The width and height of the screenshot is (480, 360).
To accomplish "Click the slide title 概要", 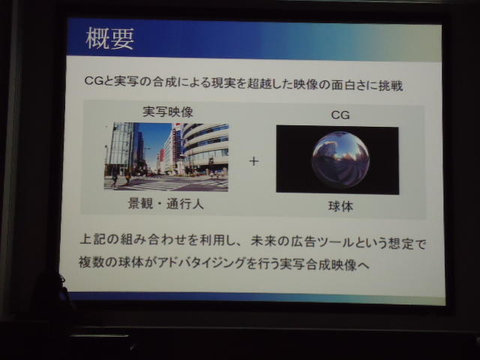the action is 110,39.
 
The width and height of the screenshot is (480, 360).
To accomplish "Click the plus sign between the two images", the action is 253,161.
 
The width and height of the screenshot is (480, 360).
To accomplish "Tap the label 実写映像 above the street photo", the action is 168,112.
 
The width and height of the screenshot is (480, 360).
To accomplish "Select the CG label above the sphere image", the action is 340,115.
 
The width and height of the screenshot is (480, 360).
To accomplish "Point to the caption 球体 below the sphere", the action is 340,207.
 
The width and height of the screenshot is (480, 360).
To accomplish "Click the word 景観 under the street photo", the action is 140,203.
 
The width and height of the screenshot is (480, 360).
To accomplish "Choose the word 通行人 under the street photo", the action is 185,204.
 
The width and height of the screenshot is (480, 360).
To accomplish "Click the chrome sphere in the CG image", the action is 340,160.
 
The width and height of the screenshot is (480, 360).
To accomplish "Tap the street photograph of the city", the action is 166,157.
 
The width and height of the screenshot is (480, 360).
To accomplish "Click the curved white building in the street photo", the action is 205,147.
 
